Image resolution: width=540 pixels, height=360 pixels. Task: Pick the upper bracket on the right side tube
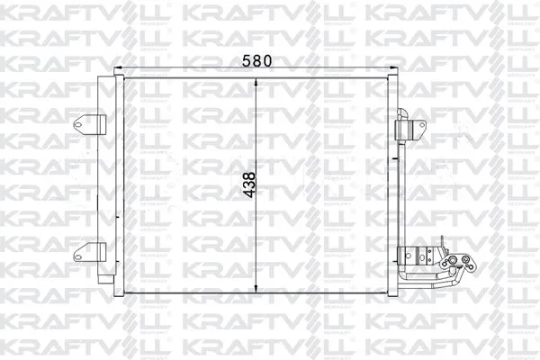(x=410, y=128)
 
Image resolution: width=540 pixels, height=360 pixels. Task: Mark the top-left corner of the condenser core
(x=123, y=79)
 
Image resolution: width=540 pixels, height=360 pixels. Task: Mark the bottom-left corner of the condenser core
(x=123, y=293)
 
